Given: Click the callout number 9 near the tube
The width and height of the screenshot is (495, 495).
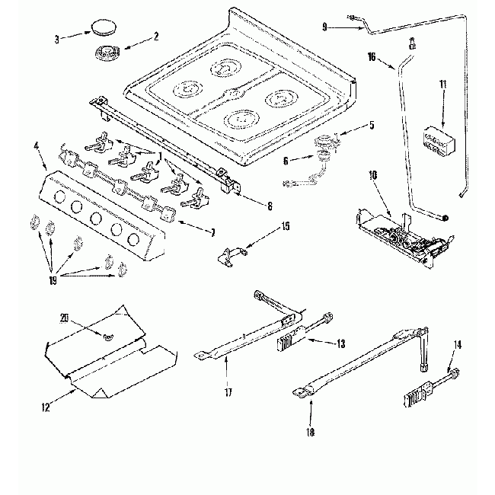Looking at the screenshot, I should pos(324,27).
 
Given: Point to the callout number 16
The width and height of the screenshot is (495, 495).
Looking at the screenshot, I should pos(372,56).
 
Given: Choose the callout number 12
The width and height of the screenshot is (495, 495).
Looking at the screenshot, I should pos(46,407).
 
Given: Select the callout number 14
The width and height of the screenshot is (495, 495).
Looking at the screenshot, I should pos(456,345).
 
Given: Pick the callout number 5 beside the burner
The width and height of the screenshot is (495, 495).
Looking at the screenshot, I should pos(372,126).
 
